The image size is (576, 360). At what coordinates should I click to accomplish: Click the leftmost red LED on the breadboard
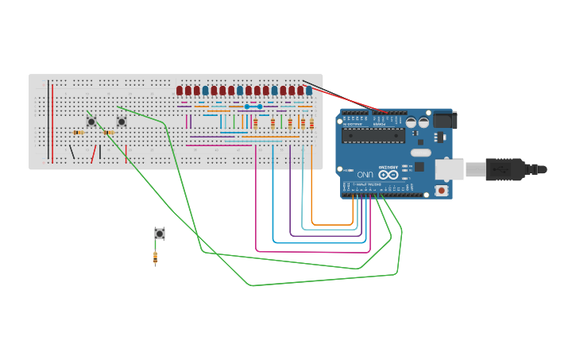(x=180, y=91)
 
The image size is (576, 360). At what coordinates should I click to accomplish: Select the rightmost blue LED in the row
(x=309, y=91)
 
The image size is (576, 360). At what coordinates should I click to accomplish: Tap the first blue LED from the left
(x=205, y=91)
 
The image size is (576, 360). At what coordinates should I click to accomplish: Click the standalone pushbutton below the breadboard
(x=160, y=233)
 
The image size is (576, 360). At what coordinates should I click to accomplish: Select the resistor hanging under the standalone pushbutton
(x=155, y=257)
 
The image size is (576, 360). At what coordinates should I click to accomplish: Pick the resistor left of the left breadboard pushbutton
(x=78, y=133)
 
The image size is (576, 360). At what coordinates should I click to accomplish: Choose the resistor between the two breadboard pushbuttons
(x=107, y=133)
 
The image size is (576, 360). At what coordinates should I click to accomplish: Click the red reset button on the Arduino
(x=441, y=190)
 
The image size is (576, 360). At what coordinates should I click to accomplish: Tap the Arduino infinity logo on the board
(x=389, y=174)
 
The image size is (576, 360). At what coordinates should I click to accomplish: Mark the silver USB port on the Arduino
(x=449, y=168)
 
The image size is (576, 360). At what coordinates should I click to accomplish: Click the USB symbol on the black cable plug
(x=501, y=169)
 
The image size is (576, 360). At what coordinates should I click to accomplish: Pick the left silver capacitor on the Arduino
(x=412, y=122)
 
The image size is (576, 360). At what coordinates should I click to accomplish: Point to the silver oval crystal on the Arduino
(x=420, y=152)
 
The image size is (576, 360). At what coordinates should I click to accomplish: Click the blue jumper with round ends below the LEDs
(x=253, y=106)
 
